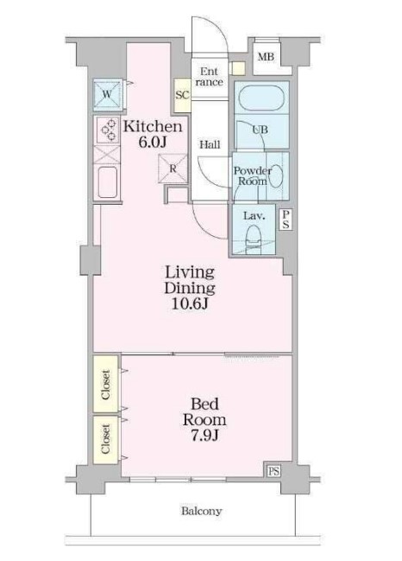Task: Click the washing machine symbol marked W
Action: click(108, 95)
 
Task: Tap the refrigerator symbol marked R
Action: click(173, 169)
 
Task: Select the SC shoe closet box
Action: click(182, 95)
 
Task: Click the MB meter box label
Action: click(266, 56)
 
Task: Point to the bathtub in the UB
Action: click(261, 98)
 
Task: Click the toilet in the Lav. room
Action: click(254, 236)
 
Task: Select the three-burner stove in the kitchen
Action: click(109, 129)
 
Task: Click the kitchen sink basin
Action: click(108, 182)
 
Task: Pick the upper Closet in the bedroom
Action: click(106, 384)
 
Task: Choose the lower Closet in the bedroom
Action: click(106, 439)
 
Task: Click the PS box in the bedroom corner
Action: click(273, 471)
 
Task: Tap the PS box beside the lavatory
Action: click(286, 220)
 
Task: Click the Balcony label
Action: click(201, 511)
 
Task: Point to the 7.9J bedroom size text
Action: click(204, 436)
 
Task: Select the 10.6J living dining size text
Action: click(190, 303)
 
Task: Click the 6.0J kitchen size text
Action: click(153, 142)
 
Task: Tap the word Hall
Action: click(210, 145)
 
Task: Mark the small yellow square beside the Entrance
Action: click(237, 68)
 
